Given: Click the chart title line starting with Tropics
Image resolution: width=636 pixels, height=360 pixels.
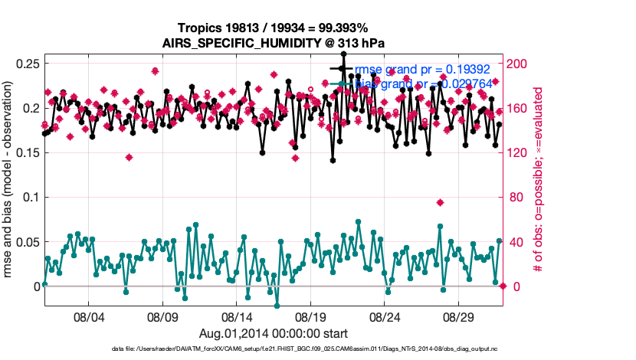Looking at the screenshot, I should (x=273, y=28).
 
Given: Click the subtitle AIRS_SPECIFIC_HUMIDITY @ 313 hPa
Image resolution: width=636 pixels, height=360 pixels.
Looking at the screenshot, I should (x=273, y=43).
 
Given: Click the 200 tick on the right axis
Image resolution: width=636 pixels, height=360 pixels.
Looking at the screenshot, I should (x=518, y=64).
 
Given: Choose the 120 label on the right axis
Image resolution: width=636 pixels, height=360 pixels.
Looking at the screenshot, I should (x=518, y=152).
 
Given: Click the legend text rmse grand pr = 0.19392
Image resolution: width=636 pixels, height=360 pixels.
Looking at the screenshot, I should (x=422, y=69).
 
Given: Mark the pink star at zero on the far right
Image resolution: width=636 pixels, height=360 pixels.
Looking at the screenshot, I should (x=503, y=286).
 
